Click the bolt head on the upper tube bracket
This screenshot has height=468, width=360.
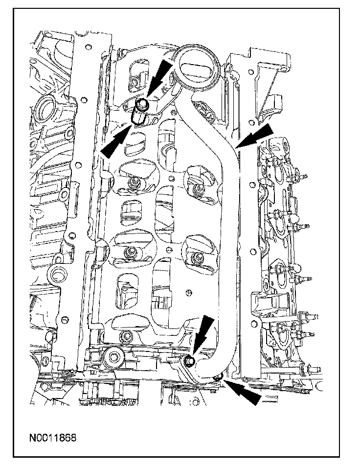tap(143, 103)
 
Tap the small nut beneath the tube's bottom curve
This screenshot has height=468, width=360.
tap(218, 376)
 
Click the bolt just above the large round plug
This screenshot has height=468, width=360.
tap(127, 337)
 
